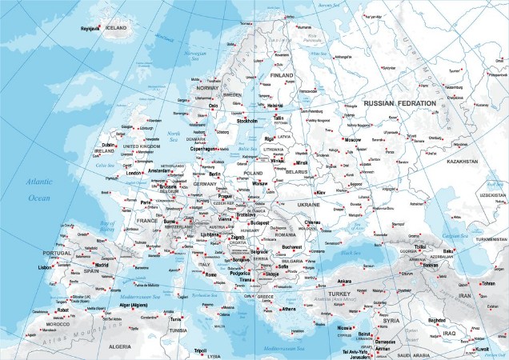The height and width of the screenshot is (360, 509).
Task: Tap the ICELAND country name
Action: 117,27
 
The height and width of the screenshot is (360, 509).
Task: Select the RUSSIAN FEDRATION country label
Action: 399,103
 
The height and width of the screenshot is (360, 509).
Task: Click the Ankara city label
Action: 345,281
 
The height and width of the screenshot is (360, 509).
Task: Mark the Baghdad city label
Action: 437,320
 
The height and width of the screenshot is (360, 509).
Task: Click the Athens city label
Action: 289,308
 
